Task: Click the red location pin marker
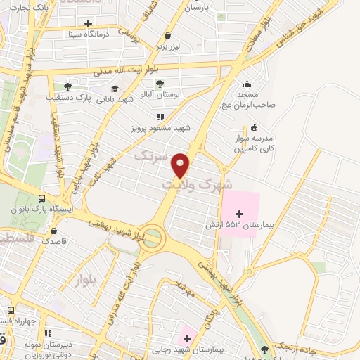point(181,165)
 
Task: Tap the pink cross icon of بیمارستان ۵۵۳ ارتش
point(240,213)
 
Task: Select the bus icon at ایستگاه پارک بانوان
point(42,199)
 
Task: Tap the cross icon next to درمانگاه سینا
point(87,22)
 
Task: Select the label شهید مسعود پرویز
point(160,129)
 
